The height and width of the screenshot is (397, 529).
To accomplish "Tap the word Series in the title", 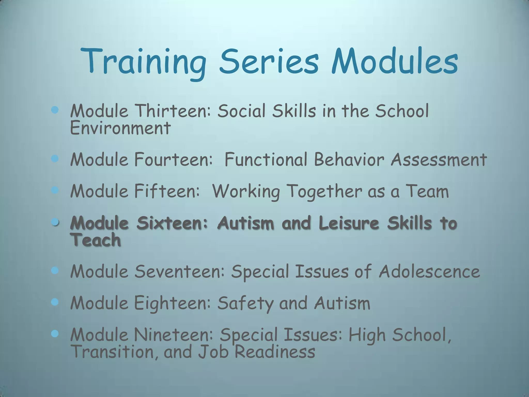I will click(269, 62).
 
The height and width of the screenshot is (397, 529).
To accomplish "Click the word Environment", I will click(120, 128).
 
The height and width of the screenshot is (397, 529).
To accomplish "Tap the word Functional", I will click(266, 159).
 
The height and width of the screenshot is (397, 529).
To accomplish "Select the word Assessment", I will click(439, 159).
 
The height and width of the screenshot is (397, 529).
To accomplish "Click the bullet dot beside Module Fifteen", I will click(55, 190).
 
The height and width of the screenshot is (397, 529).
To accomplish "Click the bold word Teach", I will click(96, 240).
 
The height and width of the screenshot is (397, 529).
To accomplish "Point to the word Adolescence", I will click(429, 271).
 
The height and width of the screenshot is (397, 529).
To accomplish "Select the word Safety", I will click(245, 303).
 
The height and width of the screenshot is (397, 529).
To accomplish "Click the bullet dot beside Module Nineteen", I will click(55, 334).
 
